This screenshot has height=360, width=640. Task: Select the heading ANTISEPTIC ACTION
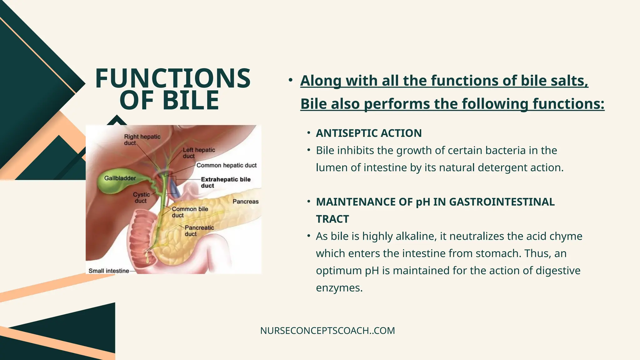369,133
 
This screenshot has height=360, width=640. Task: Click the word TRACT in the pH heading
332,219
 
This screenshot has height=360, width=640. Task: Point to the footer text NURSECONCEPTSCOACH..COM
327,331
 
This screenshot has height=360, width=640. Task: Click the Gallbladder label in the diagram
120,178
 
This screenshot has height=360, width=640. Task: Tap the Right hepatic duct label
142,140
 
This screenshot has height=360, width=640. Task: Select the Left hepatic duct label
199,153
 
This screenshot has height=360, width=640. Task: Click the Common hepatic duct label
226,165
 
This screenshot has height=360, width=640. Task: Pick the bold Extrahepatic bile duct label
225,182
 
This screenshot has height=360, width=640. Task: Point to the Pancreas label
245,202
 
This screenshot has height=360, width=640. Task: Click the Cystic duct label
141,197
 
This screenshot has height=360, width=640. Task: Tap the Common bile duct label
190,212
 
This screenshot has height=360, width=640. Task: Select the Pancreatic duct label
199,231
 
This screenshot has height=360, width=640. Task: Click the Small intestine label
109,271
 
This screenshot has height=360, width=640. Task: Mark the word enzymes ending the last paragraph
339,288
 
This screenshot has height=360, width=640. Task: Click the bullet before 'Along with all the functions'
291,80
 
